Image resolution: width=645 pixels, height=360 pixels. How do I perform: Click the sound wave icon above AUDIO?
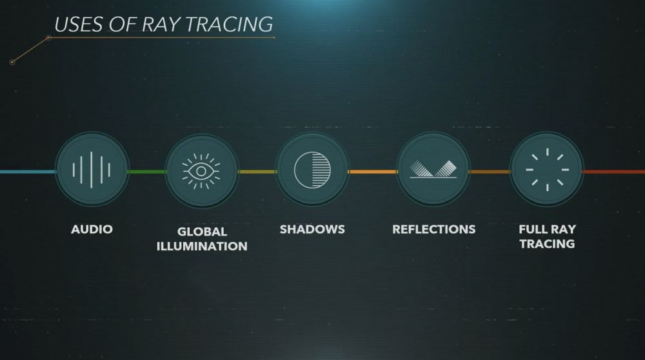click(92, 170)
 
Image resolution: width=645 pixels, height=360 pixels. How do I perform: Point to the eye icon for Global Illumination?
click(201, 172)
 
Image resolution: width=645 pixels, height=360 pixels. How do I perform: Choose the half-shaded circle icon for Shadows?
click(312, 170)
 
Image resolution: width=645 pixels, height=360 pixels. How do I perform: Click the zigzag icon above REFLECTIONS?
click(433, 169)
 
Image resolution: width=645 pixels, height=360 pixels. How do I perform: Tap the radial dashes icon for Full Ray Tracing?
click(547, 170)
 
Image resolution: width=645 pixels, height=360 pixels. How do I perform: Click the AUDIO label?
click(92, 229)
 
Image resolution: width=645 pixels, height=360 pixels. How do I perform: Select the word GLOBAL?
click(202, 232)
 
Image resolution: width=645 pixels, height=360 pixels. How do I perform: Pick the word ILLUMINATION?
click(202, 246)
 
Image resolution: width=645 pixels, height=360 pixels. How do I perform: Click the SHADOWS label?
click(312, 229)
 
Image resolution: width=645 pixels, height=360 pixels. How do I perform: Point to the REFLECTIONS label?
click(434, 229)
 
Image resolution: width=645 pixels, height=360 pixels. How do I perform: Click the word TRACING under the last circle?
click(547, 244)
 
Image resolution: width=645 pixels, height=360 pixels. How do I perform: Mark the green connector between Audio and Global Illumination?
click(147, 172)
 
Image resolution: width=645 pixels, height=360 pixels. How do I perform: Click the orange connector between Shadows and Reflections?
click(373, 172)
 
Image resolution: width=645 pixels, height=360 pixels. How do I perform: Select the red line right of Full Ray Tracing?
click(613, 172)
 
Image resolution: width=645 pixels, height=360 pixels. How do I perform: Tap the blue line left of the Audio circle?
click(28, 172)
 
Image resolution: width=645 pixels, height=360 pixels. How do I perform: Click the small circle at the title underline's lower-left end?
click(12, 62)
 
